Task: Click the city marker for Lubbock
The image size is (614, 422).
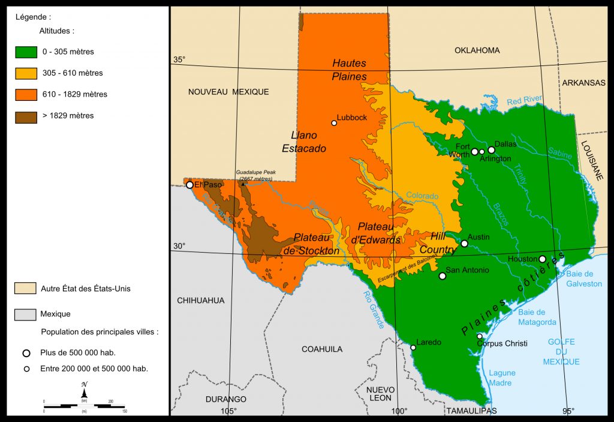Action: pos(334,123)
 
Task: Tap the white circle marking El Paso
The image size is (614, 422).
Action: pos(189,185)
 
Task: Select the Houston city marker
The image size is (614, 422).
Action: pos(542,259)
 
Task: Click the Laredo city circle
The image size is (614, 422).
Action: pos(413,348)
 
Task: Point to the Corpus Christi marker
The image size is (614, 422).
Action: pos(479,336)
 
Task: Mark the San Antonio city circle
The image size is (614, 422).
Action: pos(443,276)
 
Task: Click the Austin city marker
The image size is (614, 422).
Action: pos(464,243)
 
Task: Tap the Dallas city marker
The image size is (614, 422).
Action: pos(491,150)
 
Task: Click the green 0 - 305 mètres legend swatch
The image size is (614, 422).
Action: pos(26,52)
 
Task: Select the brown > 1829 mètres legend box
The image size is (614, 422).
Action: pos(26,115)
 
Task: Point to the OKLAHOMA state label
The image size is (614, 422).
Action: pos(477,50)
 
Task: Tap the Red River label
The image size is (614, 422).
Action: pos(524,100)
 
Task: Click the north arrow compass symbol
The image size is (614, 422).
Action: pos(85,391)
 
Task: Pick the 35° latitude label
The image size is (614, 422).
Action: pos(179,59)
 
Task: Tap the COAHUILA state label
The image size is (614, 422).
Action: pos(322,349)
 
